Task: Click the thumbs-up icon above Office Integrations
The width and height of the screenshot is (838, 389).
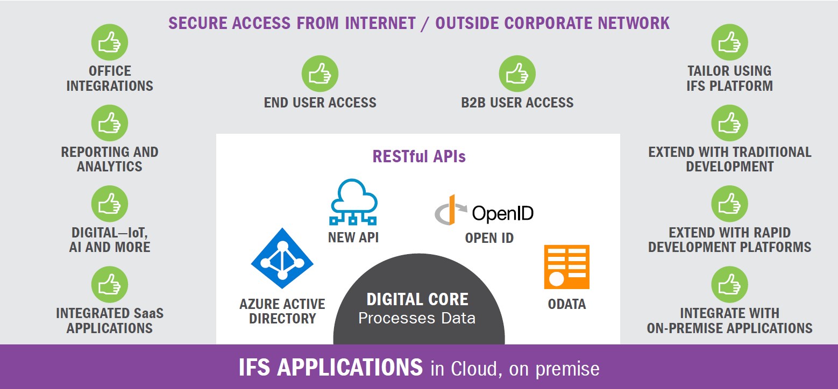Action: click(x=110, y=42)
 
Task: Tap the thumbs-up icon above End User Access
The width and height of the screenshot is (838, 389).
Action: click(x=320, y=74)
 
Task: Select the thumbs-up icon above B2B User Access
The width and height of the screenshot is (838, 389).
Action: click(x=517, y=74)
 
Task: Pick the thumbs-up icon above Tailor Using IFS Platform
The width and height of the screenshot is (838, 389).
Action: click(x=729, y=42)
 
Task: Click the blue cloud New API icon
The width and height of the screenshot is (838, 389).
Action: click(x=353, y=202)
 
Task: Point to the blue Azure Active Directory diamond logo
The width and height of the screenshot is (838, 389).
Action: click(x=282, y=258)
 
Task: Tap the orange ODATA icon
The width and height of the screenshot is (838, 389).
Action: click(x=567, y=267)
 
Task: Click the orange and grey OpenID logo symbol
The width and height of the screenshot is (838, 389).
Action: click(x=451, y=210)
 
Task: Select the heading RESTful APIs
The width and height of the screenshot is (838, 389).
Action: click(x=419, y=156)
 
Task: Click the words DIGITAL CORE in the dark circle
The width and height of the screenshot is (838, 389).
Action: click(x=417, y=299)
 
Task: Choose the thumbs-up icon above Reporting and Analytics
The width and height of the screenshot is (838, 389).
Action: click(x=110, y=123)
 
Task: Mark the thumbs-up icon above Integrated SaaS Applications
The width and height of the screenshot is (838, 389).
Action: click(x=110, y=284)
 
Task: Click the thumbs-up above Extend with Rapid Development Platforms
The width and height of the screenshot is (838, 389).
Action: click(x=729, y=204)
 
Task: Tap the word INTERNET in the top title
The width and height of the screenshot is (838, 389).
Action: click(x=380, y=23)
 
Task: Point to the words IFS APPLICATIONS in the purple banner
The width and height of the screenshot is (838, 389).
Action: click(x=331, y=368)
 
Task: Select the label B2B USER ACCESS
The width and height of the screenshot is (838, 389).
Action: click(x=517, y=103)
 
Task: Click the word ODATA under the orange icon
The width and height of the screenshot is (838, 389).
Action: click(x=567, y=304)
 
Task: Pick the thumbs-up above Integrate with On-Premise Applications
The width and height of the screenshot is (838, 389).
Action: click(x=729, y=284)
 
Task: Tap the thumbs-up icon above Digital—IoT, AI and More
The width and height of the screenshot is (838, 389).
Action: click(x=110, y=204)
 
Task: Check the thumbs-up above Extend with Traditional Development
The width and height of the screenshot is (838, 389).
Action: click(x=729, y=123)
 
